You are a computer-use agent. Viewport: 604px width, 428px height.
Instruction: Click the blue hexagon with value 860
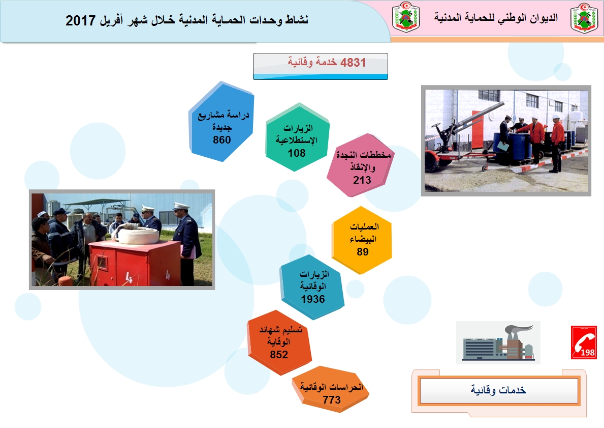tap(221, 121)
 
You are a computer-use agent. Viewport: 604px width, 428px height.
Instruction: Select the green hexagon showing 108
tap(297, 137)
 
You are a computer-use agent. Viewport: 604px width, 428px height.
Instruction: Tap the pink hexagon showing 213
tap(360, 165)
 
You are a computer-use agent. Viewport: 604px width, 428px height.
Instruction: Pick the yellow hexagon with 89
tap(362, 240)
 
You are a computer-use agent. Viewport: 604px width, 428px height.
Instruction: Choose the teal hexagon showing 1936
tap(312, 287)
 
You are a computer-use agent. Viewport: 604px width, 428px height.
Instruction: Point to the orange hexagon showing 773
tap(331, 389)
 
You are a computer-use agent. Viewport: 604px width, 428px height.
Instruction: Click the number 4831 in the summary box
tap(353, 62)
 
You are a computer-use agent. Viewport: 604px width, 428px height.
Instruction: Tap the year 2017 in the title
tap(80, 20)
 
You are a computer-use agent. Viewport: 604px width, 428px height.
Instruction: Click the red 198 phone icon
tap(584, 343)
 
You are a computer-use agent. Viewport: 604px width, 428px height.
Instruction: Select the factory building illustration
tap(498, 343)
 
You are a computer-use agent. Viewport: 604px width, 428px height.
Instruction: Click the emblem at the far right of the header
tap(584, 18)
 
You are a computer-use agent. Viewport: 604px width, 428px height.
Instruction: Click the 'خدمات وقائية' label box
tap(499, 390)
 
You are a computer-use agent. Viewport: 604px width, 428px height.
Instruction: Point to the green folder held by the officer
tap(502, 147)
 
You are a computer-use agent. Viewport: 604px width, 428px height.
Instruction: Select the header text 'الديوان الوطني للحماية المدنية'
tap(496, 17)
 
